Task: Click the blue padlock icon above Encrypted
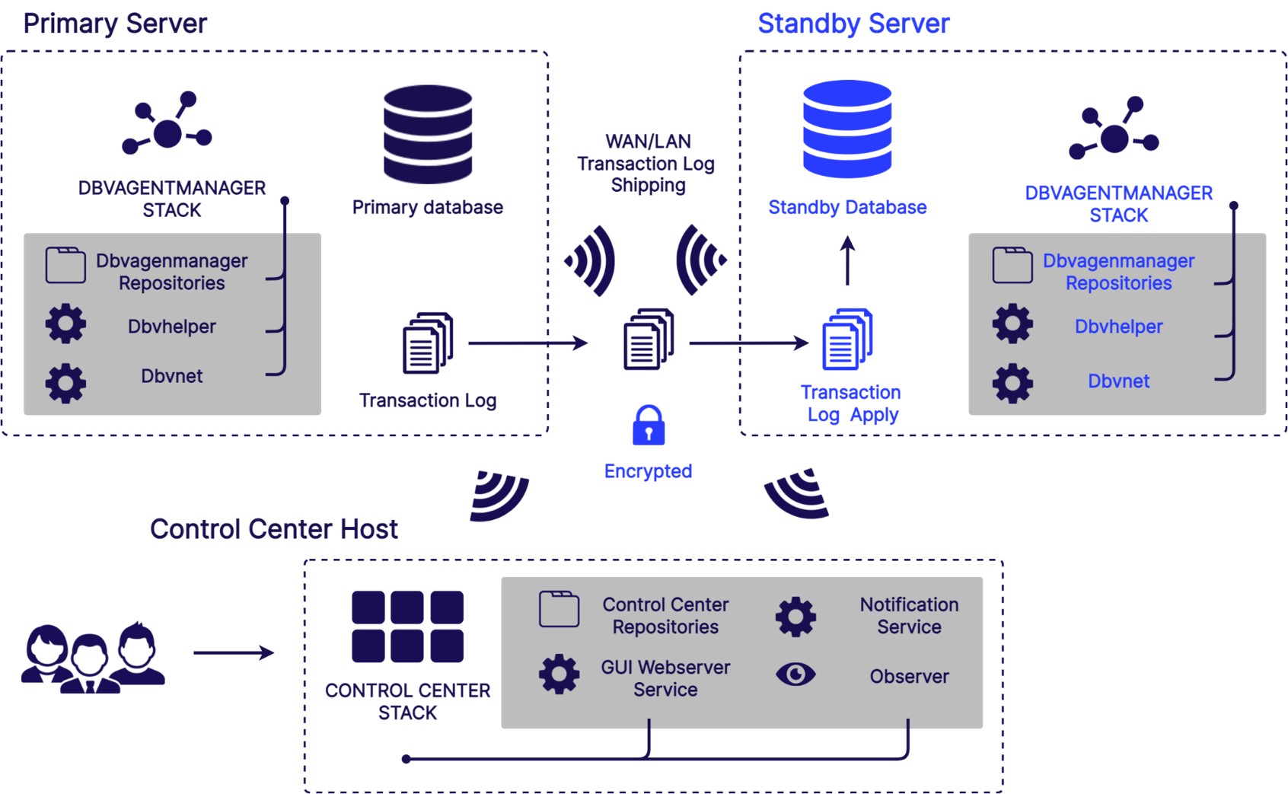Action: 649,426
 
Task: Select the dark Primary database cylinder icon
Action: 428,134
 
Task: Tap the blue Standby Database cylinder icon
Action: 847,129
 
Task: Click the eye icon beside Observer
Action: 795,674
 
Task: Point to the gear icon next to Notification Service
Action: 795,616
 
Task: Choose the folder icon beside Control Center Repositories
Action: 559,609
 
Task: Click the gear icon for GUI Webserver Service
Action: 559,674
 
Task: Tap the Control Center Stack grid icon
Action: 407,627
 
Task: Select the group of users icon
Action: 92,658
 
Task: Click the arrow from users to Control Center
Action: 233,652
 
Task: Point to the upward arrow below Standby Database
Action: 847,261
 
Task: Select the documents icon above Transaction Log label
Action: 428,343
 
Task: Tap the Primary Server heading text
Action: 115,24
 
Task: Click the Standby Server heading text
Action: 853,24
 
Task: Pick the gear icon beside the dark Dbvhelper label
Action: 65,324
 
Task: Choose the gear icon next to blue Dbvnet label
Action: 1012,382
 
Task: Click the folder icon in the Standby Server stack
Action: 1012,265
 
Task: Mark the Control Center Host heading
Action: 273,529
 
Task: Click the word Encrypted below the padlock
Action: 648,471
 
